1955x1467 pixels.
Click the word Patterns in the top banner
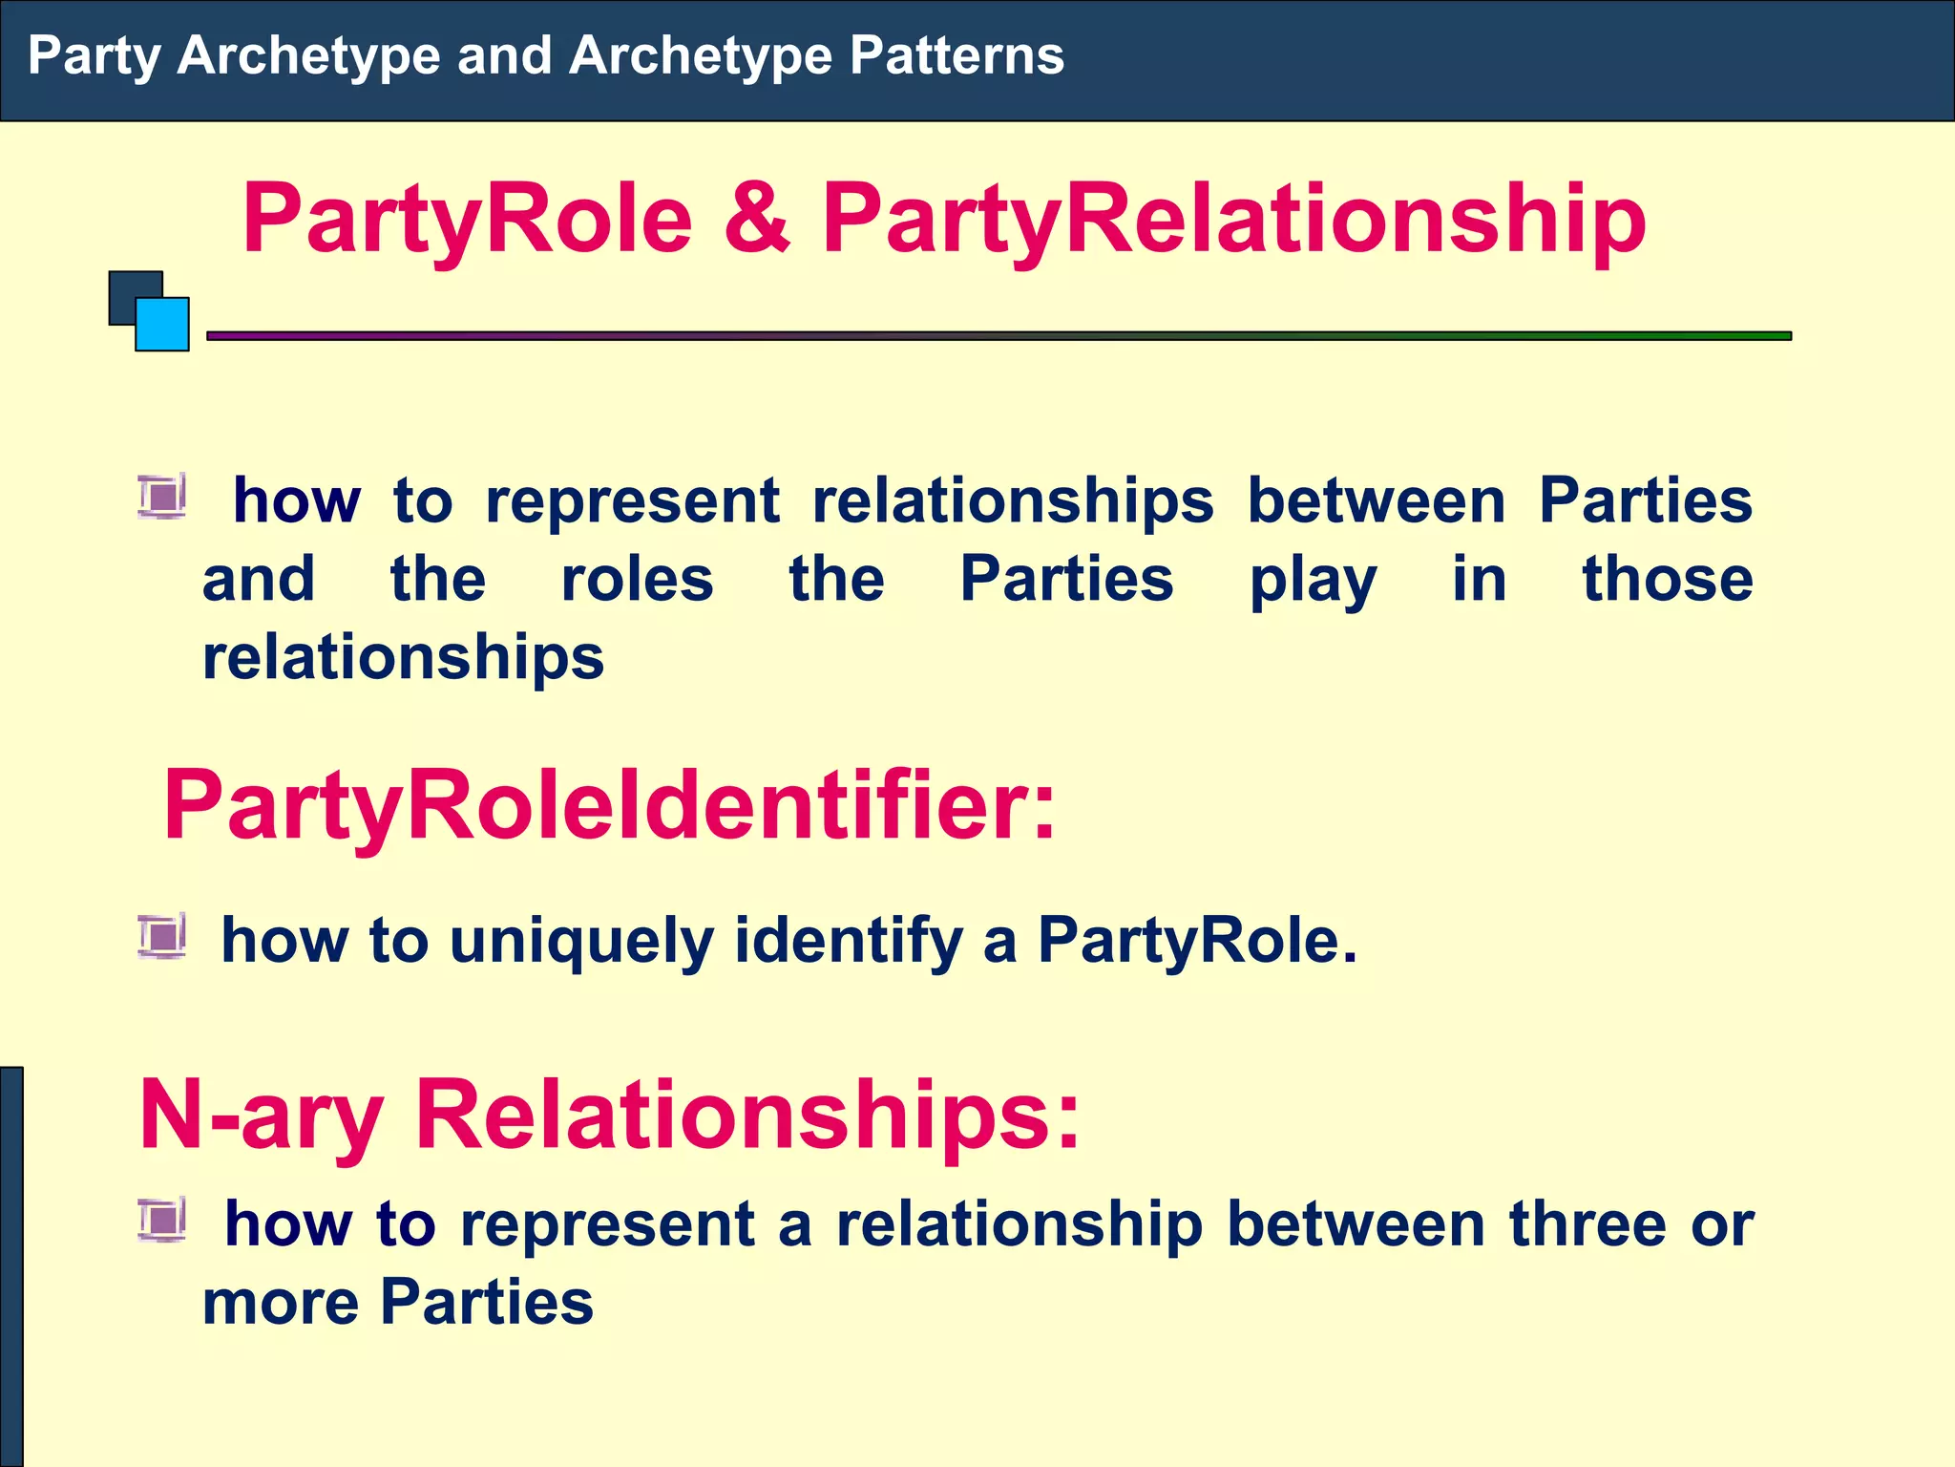pyautogui.click(x=956, y=55)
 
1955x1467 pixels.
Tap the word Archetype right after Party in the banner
pyautogui.click(x=307, y=55)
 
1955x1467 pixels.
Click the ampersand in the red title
pyautogui.click(x=756, y=219)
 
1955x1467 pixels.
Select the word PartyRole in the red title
pyautogui.click(x=467, y=219)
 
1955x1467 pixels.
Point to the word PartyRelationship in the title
pyautogui.click(x=1233, y=219)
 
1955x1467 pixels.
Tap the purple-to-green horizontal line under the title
pyautogui.click(x=999, y=336)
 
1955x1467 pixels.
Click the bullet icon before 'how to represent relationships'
pyautogui.click(x=161, y=497)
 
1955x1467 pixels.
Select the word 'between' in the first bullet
pyautogui.click(x=1377, y=500)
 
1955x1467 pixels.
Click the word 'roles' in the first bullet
pyautogui.click(x=637, y=579)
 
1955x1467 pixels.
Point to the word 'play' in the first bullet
pyautogui.click(x=1313, y=581)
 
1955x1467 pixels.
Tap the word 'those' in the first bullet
pyautogui.click(x=1667, y=579)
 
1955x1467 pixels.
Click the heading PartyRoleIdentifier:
pyautogui.click(x=610, y=805)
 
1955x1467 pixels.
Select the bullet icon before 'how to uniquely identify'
pyautogui.click(x=161, y=936)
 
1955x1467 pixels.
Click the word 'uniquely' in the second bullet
pyautogui.click(x=581, y=942)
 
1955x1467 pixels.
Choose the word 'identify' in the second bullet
pyautogui.click(x=849, y=942)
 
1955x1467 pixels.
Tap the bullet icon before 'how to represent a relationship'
pyautogui.click(x=161, y=1220)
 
